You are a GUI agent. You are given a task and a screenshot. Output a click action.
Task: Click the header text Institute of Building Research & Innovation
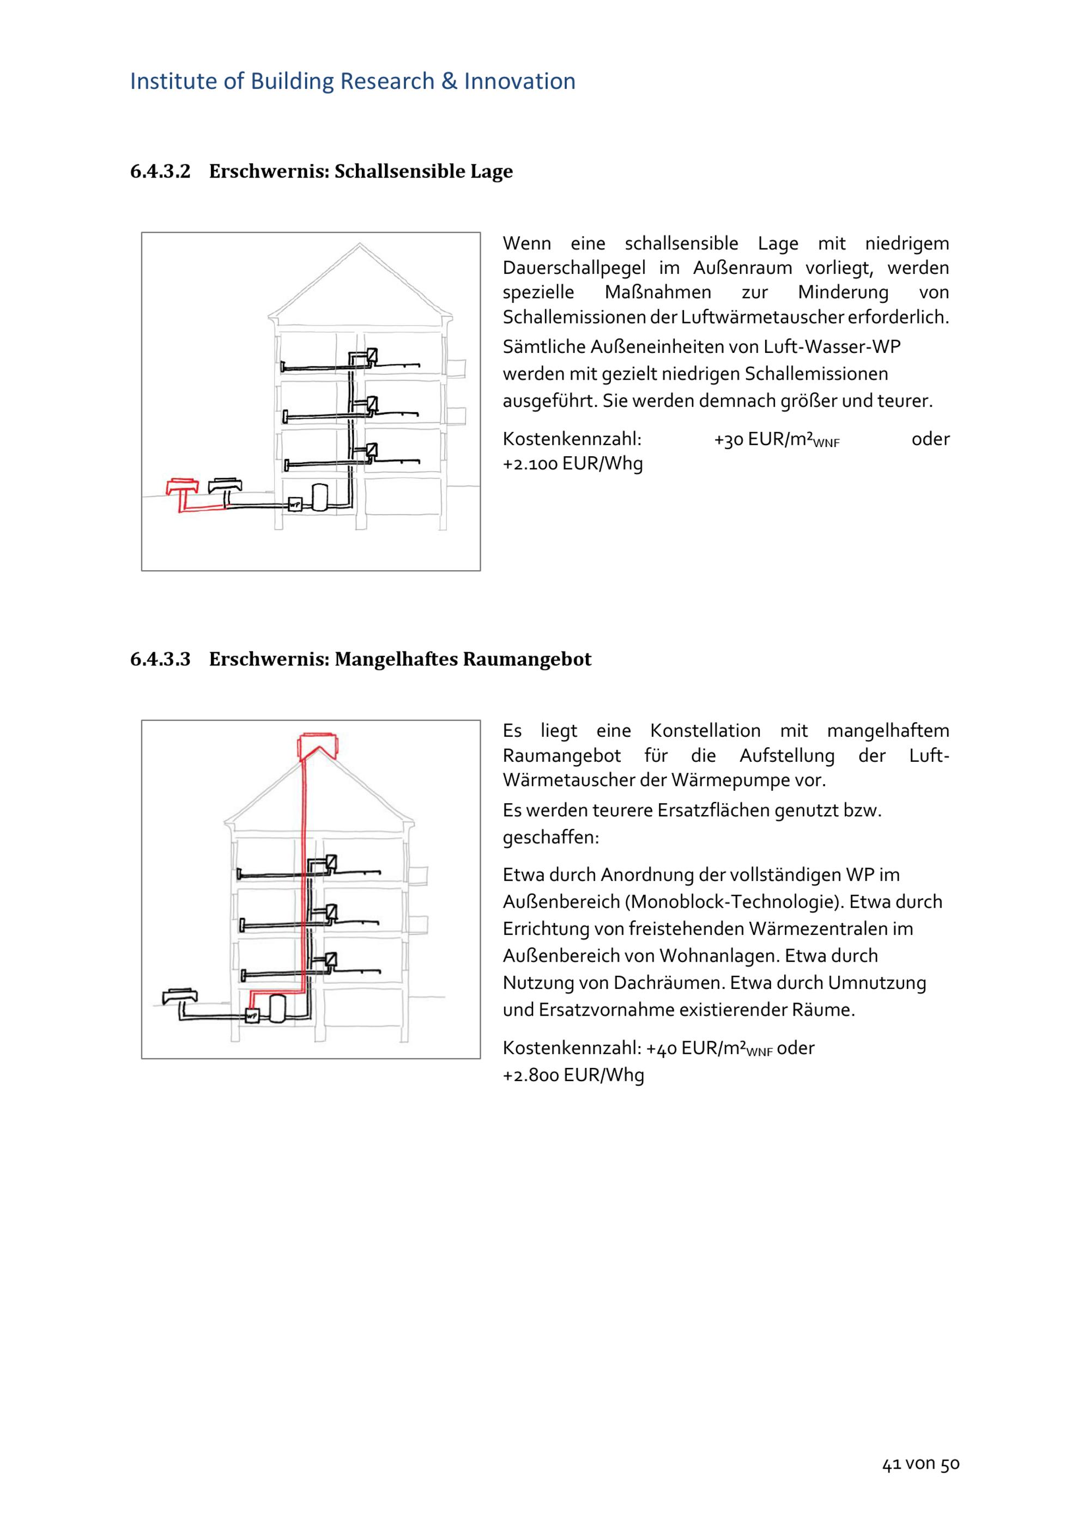353,81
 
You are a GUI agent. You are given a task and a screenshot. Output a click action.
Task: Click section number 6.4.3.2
160,171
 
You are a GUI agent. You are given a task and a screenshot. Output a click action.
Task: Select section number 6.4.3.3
160,659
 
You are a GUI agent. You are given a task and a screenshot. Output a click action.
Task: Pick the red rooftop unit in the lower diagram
319,745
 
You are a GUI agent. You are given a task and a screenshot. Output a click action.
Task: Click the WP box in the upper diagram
295,504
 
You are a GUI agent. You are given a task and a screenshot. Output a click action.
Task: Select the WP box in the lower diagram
252,1016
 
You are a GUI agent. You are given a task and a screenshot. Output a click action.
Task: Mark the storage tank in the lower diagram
277,1008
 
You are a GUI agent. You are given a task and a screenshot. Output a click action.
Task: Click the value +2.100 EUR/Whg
572,464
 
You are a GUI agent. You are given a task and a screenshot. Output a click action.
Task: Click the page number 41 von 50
921,1464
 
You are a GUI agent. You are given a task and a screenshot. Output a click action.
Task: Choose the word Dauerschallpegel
574,268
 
